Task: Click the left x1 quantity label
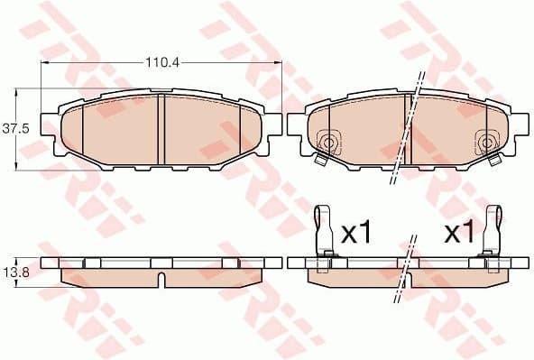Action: pyautogui.click(x=356, y=233)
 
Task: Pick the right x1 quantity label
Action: pyautogui.click(x=459, y=233)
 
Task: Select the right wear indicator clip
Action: pyautogui.click(x=493, y=231)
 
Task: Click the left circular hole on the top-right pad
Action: pyautogui.click(x=328, y=142)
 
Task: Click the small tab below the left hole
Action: pyautogui.click(x=320, y=161)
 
